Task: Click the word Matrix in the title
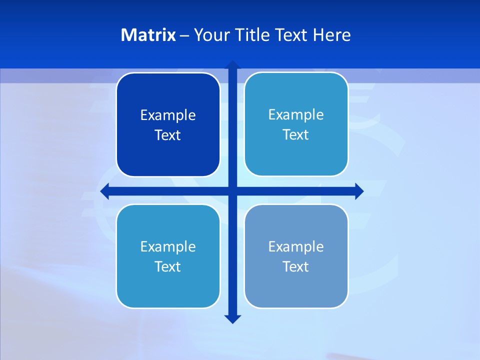click(148, 35)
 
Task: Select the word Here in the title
click(332, 35)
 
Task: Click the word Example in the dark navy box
click(168, 115)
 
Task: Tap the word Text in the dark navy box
click(168, 135)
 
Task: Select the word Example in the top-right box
click(296, 115)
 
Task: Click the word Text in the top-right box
click(296, 135)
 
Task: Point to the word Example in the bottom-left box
click(168, 247)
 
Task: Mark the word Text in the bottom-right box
click(296, 267)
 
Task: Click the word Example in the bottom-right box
click(296, 247)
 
